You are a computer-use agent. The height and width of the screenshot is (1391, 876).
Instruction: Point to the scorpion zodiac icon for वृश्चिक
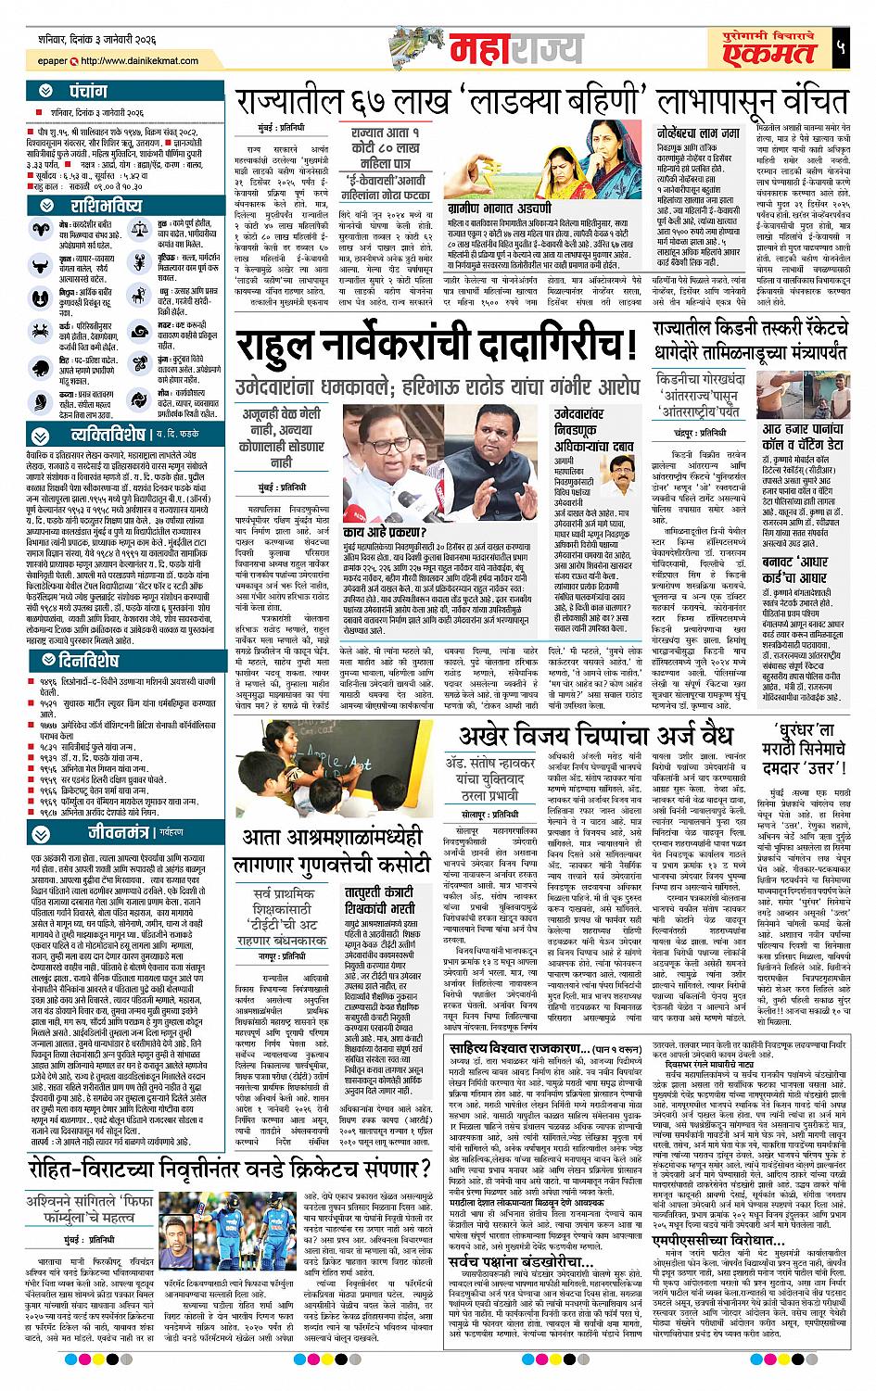coord(138,262)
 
